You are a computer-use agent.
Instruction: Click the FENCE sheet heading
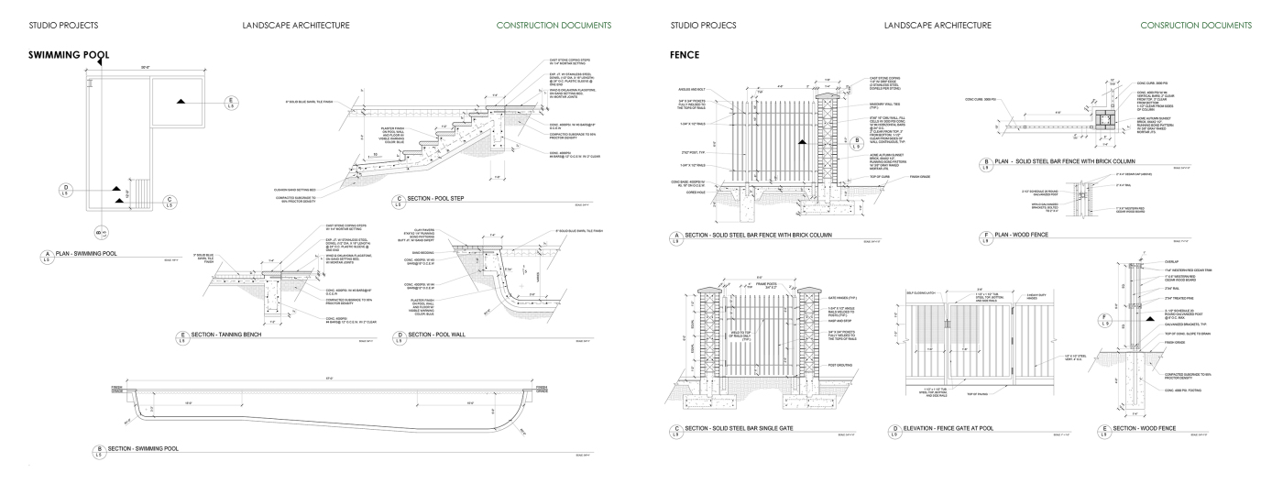(x=685, y=55)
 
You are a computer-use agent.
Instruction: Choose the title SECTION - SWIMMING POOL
(x=143, y=449)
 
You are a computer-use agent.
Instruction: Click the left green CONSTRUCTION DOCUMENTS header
(x=554, y=25)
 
